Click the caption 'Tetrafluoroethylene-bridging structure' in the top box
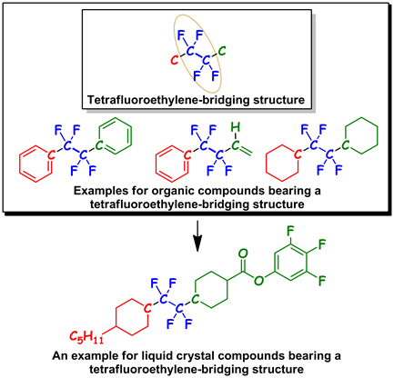pos(197,97)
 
